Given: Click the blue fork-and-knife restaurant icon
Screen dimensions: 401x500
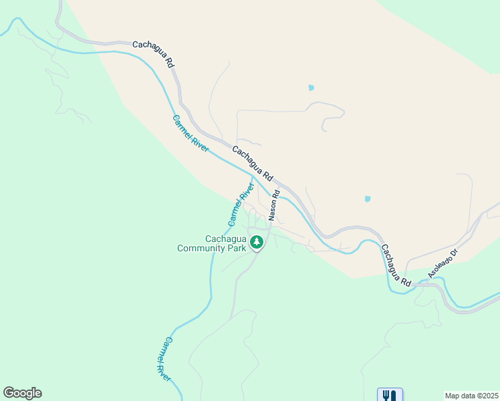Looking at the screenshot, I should tap(390, 395).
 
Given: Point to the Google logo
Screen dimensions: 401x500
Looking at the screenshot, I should tap(22, 393).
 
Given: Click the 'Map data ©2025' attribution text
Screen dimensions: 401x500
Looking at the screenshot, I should tap(471, 396).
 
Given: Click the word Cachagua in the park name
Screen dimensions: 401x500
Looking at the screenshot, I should tap(225, 238).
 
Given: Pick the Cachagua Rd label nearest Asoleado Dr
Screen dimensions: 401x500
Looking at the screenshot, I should tap(396, 266).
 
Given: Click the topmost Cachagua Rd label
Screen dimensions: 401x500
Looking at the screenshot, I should tap(153, 53).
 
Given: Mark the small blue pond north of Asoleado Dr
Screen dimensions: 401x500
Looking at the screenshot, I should tap(367, 199).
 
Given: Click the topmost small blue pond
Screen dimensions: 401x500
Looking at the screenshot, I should tap(310, 88).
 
